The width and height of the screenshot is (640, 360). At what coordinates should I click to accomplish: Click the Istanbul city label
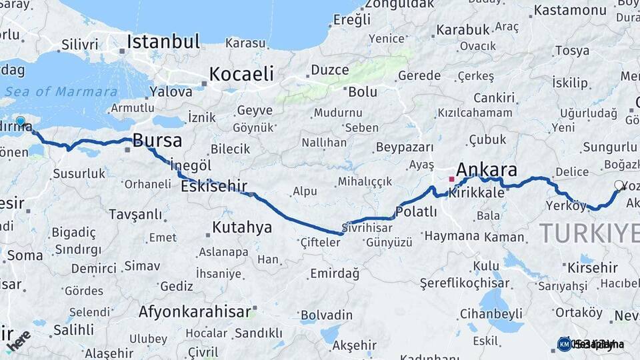click(163, 42)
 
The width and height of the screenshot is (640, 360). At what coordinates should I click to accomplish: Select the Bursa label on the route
click(157, 140)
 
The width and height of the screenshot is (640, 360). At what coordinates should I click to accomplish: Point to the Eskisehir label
click(214, 186)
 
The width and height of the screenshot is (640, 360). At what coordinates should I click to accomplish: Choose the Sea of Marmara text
click(64, 92)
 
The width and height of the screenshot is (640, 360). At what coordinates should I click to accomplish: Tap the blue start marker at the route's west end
click(21, 121)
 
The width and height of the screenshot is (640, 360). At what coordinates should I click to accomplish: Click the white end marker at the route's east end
click(619, 185)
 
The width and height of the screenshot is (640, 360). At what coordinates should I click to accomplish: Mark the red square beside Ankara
click(451, 179)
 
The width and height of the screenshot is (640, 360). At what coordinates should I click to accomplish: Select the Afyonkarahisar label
click(195, 311)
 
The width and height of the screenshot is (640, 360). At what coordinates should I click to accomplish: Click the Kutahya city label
click(242, 227)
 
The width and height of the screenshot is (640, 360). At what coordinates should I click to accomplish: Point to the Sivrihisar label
click(367, 227)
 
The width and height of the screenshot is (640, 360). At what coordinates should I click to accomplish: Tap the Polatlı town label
click(416, 212)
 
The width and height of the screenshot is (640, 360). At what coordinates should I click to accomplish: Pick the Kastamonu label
click(570, 10)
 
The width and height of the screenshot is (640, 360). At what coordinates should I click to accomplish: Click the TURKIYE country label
click(589, 233)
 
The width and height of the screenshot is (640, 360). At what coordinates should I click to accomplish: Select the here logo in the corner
click(18, 341)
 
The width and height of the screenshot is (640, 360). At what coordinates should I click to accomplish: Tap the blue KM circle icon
click(564, 344)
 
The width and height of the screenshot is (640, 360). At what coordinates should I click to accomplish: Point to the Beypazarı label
click(405, 147)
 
